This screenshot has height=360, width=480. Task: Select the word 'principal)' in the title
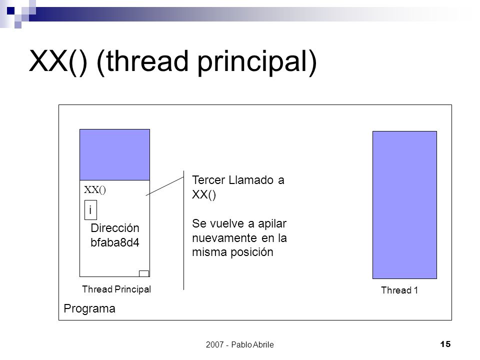[257, 63]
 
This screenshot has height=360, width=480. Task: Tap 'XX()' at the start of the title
[58, 62]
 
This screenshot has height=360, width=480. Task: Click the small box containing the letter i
[90, 210]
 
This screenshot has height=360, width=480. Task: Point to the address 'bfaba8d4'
[115, 242]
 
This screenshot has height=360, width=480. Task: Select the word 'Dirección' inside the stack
[115, 228]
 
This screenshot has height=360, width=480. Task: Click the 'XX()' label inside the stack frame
[95, 190]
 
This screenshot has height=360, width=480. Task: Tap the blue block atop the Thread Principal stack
[115, 154]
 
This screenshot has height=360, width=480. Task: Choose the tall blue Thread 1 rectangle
[404, 205]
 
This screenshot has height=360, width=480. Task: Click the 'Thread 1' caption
[399, 290]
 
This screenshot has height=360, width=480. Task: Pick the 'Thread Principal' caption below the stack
[116, 289]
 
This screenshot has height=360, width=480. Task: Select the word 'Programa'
[89, 308]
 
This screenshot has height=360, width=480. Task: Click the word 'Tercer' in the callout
[208, 180]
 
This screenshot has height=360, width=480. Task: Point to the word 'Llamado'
[251, 180]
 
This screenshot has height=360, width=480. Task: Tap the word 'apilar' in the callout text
[272, 224]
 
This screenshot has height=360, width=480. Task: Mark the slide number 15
[445, 344]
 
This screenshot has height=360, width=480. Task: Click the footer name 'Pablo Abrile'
[252, 344]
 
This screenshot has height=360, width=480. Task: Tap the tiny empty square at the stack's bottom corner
[144, 273]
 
